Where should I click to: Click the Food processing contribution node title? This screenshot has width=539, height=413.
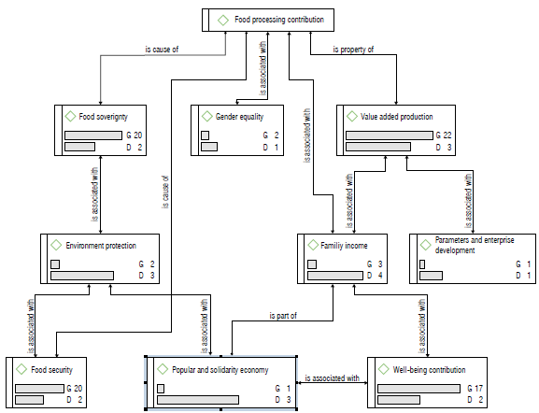278,19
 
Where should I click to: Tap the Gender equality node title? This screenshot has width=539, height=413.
239,117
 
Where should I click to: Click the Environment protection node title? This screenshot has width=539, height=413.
101,245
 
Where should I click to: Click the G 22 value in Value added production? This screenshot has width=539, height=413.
446,135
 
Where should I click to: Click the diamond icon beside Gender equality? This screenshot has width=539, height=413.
206,117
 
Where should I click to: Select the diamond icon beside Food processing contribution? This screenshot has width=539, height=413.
222,19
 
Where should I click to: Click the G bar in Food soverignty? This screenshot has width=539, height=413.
92,135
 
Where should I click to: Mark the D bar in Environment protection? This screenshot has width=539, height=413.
81,276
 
